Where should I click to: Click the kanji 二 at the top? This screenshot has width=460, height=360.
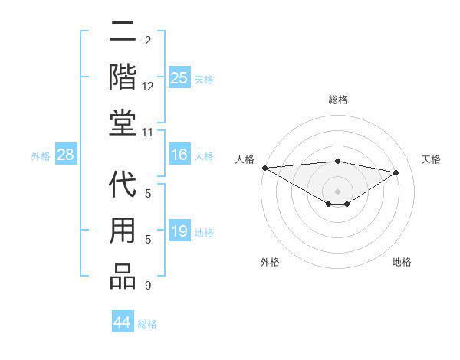[x=123, y=32]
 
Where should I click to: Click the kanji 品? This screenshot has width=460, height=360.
[x=123, y=277]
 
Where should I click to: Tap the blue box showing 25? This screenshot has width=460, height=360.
[x=179, y=77]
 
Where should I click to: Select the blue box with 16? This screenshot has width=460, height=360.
[x=179, y=155]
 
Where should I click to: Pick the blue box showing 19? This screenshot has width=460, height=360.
[x=179, y=232]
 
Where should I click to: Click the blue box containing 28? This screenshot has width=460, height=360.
[x=66, y=155]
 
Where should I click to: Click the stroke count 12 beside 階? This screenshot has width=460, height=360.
[x=148, y=87]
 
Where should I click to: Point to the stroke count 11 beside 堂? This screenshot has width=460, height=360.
[x=148, y=133]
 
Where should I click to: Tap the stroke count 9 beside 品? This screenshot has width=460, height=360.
[x=148, y=286]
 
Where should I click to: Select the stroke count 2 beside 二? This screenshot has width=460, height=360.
[x=148, y=40]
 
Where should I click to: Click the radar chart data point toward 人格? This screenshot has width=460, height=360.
[x=264, y=167]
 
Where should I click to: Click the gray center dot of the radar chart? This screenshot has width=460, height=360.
[x=337, y=190]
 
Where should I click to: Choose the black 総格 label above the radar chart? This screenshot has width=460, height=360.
[x=337, y=100]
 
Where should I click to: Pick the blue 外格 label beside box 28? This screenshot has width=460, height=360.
[x=41, y=156]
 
